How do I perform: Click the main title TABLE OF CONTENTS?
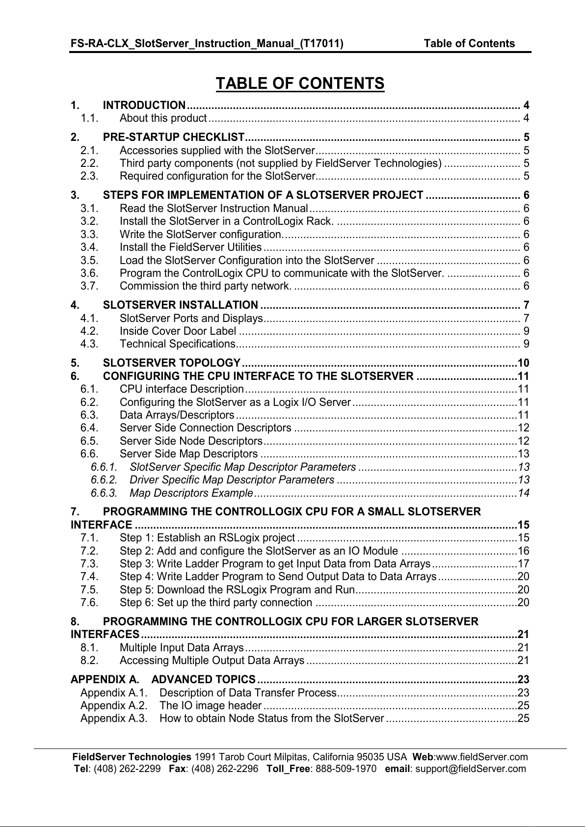tap(300, 83)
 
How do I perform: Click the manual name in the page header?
tap(207, 44)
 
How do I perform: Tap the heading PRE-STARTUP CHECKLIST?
tap(174, 137)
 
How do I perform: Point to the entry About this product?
tap(163, 118)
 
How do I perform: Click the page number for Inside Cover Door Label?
tap(526, 331)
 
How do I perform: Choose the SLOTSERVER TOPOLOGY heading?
tap(172, 363)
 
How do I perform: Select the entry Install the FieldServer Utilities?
tap(190, 247)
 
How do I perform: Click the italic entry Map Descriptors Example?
tap(191, 493)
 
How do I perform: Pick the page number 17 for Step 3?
tap(524, 564)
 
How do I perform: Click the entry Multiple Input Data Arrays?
tap(182, 647)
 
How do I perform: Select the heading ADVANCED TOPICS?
tap(204, 680)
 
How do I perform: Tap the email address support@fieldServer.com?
tap(470, 769)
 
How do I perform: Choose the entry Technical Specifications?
tap(178, 344)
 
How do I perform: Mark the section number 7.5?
tap(89, 589)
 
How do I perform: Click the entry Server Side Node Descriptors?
tap(191, 441)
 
